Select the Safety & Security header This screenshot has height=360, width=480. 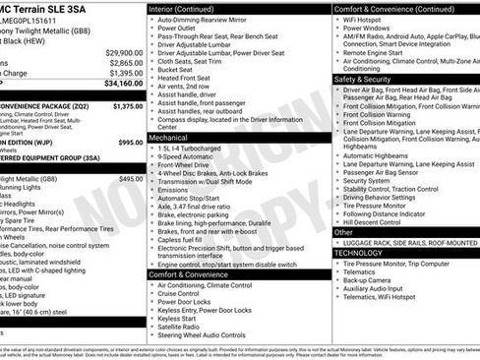(363, 78)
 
